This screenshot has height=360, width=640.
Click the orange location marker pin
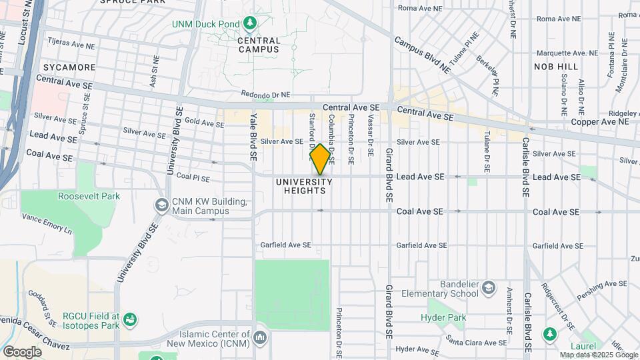click(320, 159)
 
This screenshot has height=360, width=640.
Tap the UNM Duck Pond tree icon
click(250, 24)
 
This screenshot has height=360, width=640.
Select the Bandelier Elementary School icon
click(489, 288)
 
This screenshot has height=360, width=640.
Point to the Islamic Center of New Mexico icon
click(259, 338)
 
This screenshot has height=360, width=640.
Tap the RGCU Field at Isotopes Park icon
click(131, 321)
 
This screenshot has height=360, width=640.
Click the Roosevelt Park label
click(89, 196)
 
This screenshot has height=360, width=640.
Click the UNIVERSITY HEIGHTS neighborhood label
click(303, 186)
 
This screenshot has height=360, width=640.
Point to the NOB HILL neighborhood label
click(556, 67)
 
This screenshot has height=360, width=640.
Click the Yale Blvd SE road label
click(253, 137)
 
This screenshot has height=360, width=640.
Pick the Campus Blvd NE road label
click(423, 54)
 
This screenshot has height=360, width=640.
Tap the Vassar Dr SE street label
click(370, 135)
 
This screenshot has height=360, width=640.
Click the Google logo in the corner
click(23, 351)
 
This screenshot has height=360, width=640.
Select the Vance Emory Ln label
click(47, 223)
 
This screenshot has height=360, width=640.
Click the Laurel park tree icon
click(550, 333)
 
